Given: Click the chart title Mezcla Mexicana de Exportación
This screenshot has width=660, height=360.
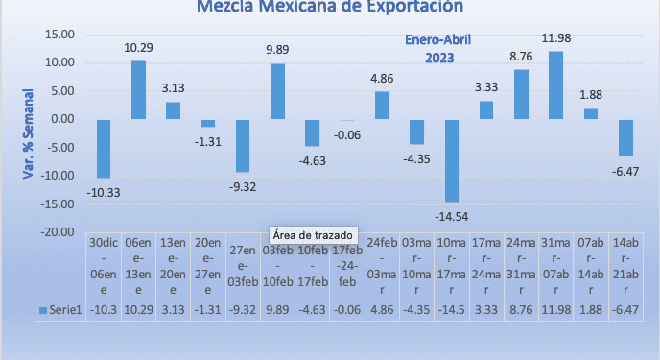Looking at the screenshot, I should [x=329, y=8].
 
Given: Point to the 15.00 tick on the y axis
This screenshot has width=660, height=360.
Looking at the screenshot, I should [x=60, y=35].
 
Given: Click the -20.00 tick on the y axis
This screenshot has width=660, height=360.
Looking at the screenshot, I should [x=59, y=232].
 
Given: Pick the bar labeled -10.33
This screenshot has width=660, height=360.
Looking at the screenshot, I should [x=104, y=149].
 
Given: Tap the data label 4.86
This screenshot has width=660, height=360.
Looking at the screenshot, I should [x=382, y=80].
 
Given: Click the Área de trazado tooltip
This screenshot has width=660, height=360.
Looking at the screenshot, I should [x=312, y=235].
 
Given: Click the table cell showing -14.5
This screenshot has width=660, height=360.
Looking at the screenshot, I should [x=452, y=309].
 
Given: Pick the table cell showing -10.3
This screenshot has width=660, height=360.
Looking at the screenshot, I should [x=104, y=309].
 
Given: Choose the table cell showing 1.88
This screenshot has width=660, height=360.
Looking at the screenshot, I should [x=590, y=309].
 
